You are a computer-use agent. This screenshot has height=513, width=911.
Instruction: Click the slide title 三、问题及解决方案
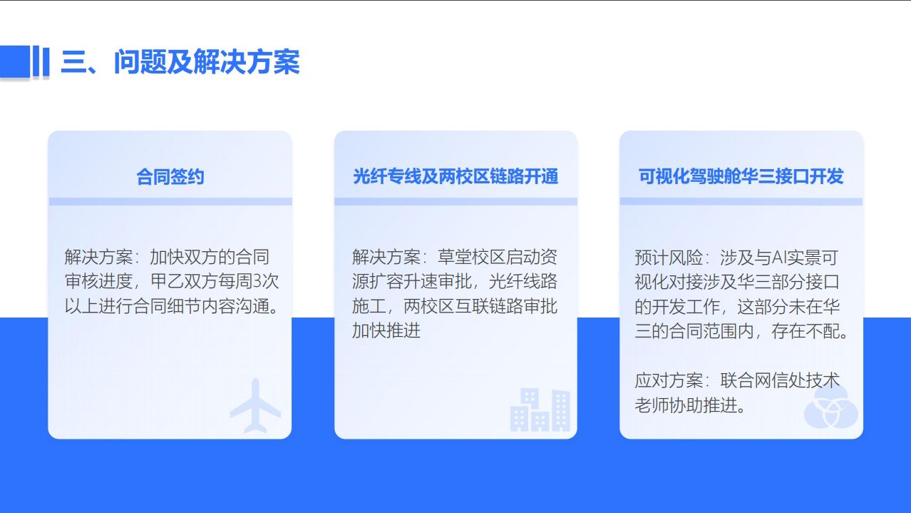(x=180, y=62)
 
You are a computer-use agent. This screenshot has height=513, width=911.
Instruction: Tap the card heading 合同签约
(x=170, y=177)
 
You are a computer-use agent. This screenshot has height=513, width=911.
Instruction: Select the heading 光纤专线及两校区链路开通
(x=455, y=176)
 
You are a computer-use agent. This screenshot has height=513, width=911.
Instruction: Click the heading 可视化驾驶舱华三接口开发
(x=741, y=176)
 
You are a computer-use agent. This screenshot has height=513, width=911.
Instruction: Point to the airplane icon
(x=255, y=405)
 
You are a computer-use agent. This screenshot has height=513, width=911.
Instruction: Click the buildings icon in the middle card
(x=540, y=410)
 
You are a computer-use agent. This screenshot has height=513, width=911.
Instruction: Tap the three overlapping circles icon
(x=831, y=408)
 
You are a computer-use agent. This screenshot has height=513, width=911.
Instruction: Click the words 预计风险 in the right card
(x=669, y=258)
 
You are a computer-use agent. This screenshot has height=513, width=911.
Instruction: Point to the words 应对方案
(x=669, y=381)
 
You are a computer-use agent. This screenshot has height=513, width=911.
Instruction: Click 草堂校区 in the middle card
(x=471, y=257)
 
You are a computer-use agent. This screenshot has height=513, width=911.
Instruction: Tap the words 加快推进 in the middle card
(x=386, y=330)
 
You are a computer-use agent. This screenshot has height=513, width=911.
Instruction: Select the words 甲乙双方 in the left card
(x=184, y=281)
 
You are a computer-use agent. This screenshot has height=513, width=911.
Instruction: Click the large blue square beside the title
(x=15, y=61)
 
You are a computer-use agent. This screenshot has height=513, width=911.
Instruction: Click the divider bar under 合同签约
(x=170, y=201)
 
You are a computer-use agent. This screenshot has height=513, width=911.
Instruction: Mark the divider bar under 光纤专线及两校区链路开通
(x=456, y=201)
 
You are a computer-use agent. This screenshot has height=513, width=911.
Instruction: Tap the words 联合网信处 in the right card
(x=763, y=381)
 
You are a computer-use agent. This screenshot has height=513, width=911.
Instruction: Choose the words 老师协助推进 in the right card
(x=686, y=405)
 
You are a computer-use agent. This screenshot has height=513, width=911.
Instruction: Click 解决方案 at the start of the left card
(x=98, y=257)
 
